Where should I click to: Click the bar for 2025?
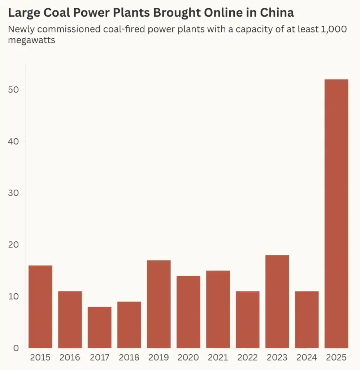[336, 214]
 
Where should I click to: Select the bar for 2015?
[40, 307]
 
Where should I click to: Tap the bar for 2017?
[100, 327]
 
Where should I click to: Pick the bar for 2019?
[159, 304]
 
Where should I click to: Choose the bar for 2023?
[277, 301]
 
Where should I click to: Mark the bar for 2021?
[218, 309]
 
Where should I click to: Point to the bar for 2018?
[129, 325]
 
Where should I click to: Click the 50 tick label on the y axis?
[13, 90]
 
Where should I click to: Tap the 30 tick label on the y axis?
[13, 193]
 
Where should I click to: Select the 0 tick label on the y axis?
[16, 348]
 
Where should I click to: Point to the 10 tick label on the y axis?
[13, 296]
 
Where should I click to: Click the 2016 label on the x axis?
[70, 358]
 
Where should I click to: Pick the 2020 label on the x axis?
[188, 358]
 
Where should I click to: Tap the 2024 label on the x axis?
[307, 358]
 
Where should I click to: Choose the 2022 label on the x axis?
[248, 358]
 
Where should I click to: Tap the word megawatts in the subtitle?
[31, 40]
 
